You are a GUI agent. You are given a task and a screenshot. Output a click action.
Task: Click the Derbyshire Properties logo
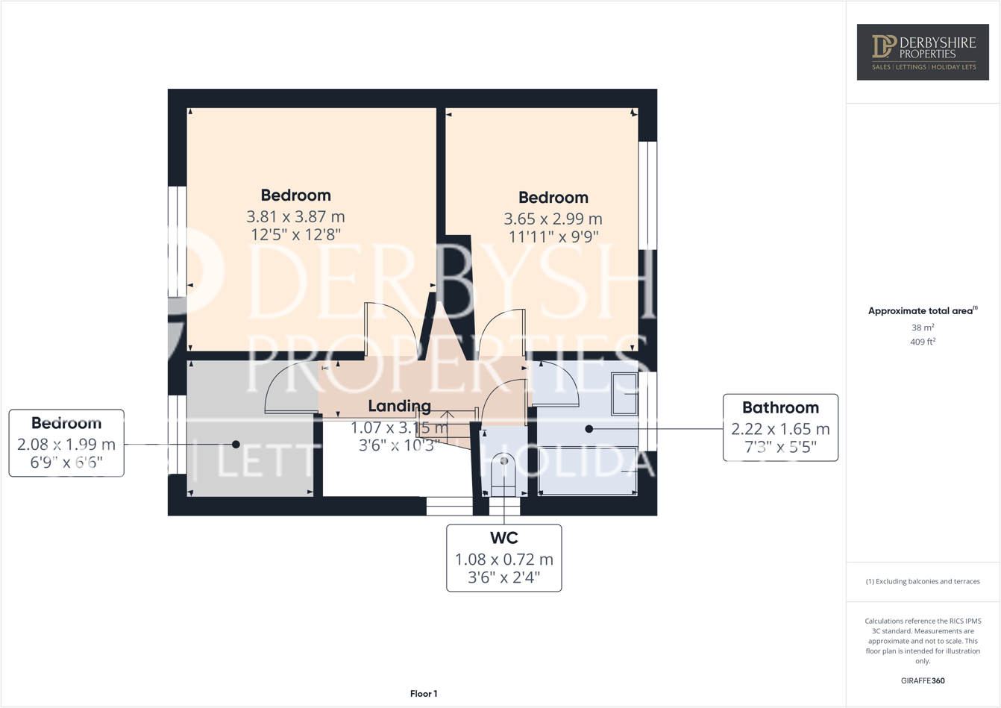923,51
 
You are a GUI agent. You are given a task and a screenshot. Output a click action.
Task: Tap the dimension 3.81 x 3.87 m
295,217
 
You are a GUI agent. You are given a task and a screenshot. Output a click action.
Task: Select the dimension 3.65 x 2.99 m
553,219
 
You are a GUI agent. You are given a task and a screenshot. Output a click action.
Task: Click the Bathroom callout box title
780,408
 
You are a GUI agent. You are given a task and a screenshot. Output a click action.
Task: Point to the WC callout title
503,538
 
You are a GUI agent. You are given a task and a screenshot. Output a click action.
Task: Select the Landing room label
399,406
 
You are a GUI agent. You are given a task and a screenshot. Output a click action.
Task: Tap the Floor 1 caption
424,694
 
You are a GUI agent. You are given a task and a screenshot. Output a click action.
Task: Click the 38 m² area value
923,328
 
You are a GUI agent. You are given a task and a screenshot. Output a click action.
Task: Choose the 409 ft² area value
923,342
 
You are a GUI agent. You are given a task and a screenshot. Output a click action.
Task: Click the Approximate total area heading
923,310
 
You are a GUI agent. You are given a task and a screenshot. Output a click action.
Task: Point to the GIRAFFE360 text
923,680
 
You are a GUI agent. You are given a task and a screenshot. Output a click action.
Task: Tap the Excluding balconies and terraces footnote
923,581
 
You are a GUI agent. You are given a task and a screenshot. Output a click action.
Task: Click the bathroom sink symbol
624,393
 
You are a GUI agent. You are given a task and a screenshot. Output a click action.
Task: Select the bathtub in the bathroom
588,470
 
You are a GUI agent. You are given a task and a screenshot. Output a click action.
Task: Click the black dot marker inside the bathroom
589,429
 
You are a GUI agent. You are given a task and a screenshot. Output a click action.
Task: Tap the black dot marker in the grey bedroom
236,445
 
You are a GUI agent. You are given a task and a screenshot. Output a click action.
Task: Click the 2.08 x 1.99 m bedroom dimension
66,445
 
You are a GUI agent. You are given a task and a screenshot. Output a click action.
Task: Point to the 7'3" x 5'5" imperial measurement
780,447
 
